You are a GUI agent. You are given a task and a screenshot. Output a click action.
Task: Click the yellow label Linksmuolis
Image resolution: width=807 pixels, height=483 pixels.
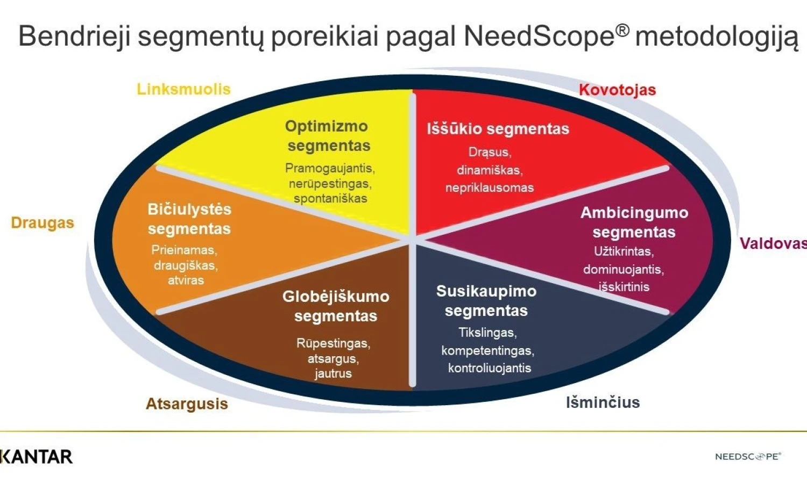(x=184, y=89)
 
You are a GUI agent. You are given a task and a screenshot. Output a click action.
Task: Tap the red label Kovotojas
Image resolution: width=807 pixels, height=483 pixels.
(x=618, y=90)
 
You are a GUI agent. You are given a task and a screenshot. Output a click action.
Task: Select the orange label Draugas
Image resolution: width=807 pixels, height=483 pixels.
(x=43, y=223)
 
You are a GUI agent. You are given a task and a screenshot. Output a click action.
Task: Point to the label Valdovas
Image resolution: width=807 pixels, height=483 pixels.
(x=774, y=243)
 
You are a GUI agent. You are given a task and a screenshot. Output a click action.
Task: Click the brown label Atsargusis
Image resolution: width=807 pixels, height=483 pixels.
(x=187, y=404)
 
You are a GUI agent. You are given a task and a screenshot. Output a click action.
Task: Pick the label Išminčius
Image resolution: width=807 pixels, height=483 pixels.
(x=603, y=402)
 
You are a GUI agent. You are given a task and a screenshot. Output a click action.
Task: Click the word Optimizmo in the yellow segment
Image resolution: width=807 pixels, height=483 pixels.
(x=327, y=126)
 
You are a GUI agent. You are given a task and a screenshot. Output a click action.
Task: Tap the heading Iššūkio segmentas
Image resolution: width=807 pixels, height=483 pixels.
(x=498, y=129)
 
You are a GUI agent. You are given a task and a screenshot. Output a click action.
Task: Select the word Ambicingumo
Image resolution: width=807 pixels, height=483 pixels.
(x=634, y=213)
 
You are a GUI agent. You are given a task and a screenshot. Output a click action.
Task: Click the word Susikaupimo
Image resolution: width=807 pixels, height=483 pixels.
(x=486, y=291)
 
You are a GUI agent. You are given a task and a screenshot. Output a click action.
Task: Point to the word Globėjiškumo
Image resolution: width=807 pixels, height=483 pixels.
(x=336, y=297)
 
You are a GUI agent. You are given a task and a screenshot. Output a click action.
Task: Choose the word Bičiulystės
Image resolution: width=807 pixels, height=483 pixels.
(x=189, y=210)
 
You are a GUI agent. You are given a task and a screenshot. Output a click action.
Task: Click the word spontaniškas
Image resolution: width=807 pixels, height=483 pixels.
(x=330, y=199)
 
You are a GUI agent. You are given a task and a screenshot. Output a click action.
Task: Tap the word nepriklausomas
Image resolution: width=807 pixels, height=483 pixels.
(x=490, y=188)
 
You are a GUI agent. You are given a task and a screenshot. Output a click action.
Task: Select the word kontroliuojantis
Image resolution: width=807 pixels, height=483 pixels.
(x=490, y=368)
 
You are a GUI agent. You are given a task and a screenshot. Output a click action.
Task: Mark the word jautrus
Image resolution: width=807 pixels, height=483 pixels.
(x=333, y=374)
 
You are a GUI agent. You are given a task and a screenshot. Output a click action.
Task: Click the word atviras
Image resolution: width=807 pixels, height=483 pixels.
(x=186, y=280)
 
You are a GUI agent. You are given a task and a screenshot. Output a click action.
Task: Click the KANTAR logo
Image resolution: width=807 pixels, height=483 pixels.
(x=37, y=457)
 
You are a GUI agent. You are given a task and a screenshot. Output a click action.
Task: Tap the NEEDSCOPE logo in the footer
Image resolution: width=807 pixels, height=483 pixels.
(x=748, y=456)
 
